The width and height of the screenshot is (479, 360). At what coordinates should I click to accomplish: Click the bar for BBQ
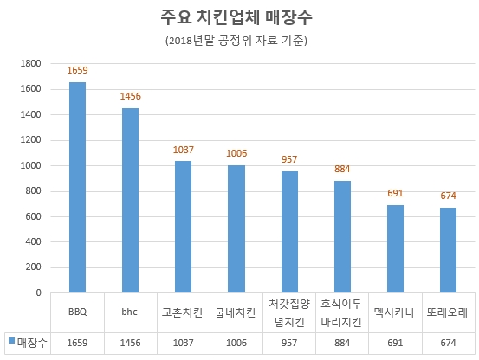(77, 187)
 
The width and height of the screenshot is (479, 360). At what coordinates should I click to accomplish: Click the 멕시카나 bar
(395, 248)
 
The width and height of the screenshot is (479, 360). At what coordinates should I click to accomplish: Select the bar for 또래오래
(448, 250)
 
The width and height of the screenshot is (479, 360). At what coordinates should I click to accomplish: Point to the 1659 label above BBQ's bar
(77, 70)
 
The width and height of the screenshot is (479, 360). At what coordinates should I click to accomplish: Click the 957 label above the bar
(289, 159)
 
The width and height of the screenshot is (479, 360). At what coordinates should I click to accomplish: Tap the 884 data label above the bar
(342, 169)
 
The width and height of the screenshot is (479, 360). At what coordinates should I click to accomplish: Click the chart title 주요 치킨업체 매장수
(238, 18)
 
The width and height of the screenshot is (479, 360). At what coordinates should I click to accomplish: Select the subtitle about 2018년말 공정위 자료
(238, 41)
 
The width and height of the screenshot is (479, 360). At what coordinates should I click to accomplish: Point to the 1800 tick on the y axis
(31, 63)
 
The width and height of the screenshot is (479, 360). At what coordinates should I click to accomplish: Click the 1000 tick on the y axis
(31, 165)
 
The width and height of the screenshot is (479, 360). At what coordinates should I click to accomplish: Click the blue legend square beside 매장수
(10, 343)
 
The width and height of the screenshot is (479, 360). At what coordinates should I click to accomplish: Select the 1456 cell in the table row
(130, 343)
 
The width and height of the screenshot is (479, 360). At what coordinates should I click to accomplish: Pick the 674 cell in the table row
(448, 343)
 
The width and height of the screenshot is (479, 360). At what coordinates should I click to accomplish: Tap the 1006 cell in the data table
(236, 343)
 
